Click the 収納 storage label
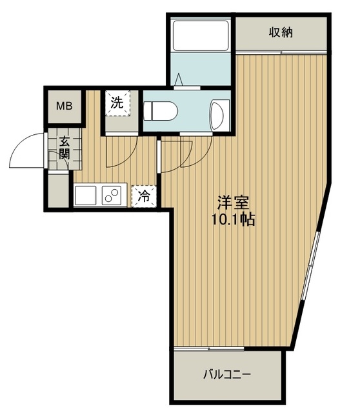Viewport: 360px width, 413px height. (281, 32)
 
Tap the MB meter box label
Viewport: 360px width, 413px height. (65, 106)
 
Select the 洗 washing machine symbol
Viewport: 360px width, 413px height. (117, 103)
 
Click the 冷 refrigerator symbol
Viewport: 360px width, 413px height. (144, 196)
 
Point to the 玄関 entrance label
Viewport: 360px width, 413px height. (65, 148)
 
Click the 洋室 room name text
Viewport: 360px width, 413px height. (233, 202)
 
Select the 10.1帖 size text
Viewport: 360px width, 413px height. (234, 219)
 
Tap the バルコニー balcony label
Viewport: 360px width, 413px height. (227, 374)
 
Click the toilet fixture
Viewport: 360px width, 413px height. (161, 111)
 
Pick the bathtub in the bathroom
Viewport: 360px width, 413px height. (201, 35)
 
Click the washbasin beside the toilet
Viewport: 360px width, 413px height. (219, 115)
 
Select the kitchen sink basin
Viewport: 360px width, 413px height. (85, 195)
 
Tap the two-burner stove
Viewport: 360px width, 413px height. (112, 195)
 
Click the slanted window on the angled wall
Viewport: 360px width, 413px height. (312, 265)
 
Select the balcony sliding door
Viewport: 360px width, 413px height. (209, 348)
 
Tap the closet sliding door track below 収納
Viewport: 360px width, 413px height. (281, 52)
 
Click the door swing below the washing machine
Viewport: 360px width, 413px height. (121, 152)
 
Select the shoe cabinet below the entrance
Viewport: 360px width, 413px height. (59, 190)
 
